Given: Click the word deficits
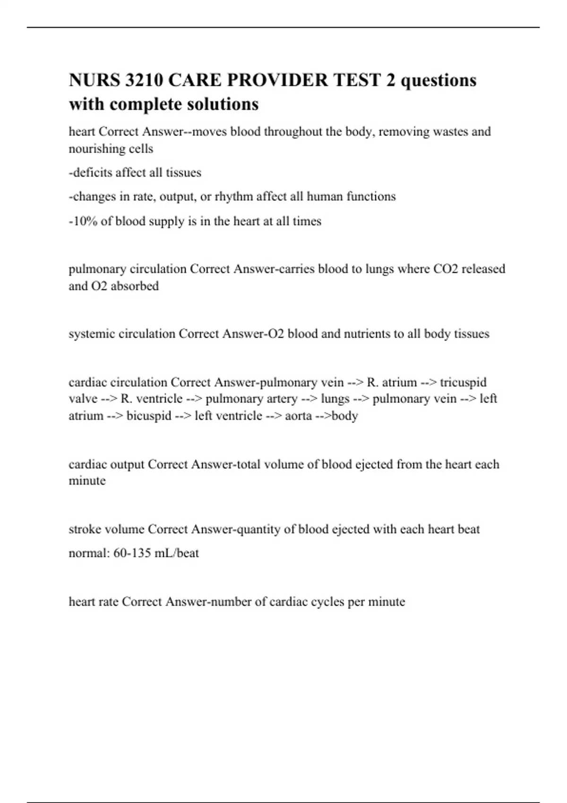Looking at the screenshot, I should click(92, 172).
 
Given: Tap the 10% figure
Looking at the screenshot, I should click(84, 221).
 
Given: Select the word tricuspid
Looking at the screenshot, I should click(463, 382).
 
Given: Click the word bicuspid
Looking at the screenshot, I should click(149, 416).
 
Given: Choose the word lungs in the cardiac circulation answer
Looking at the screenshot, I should click(335, 399).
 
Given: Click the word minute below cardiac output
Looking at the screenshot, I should click(87, 481).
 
